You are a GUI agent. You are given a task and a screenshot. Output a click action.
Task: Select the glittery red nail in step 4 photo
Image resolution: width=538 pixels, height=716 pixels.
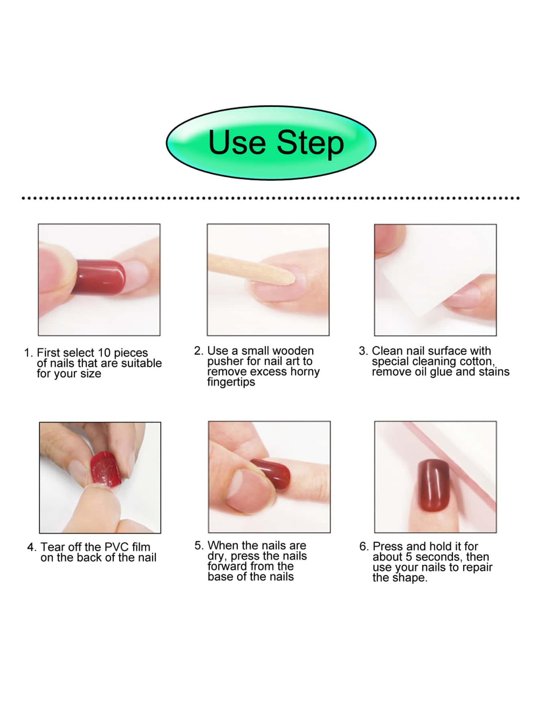pos(106,469)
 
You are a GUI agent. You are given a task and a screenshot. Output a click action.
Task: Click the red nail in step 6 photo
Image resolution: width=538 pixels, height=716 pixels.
pos(434,486)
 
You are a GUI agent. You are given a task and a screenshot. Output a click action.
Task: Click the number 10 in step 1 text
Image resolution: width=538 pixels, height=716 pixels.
pos(104,353)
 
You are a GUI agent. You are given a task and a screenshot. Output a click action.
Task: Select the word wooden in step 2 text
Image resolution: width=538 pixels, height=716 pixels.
pos(293,351)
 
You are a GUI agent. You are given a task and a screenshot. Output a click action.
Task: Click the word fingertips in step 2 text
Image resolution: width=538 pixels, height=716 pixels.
pos(231,382)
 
